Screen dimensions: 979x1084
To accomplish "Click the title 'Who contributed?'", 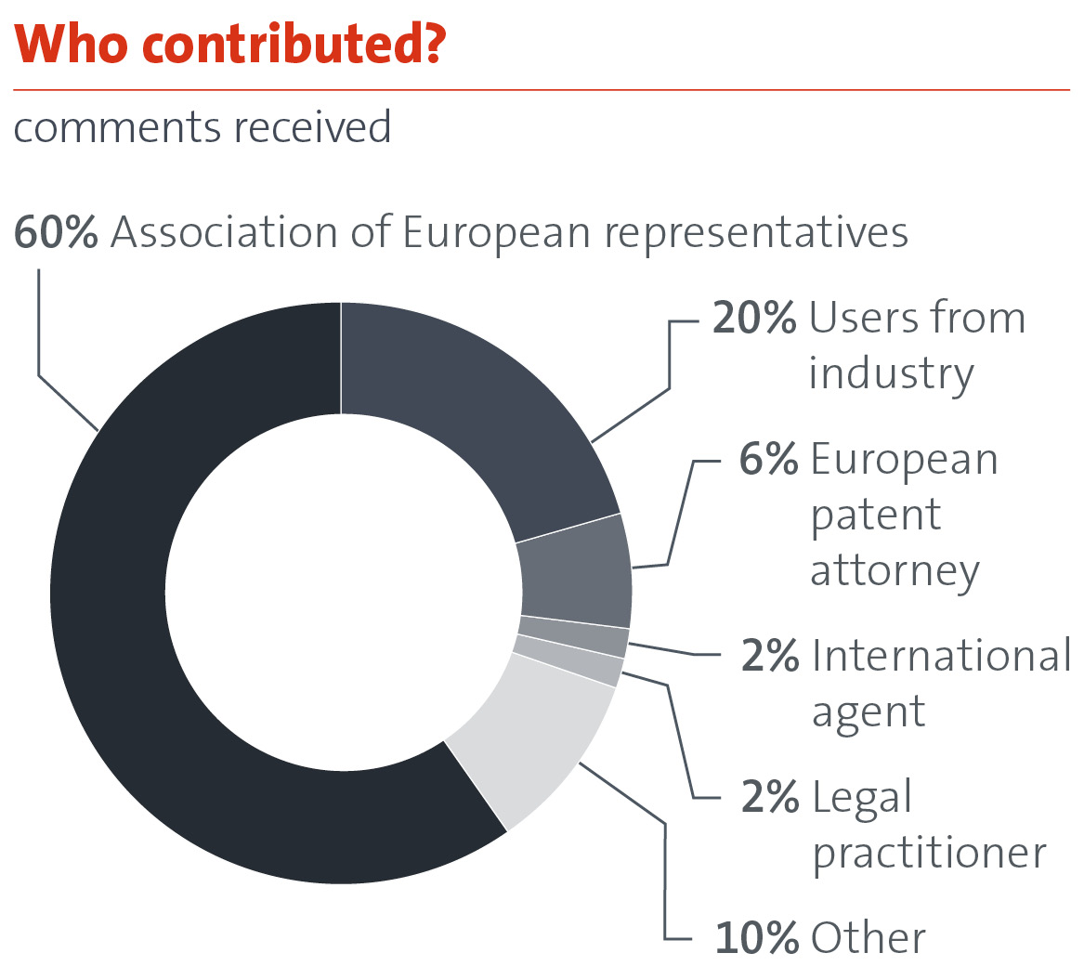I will [227, 46].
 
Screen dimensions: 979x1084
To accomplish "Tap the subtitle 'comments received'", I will [202, 127].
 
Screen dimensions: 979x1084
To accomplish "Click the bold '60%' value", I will [56, 232].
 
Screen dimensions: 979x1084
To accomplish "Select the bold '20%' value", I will [753, 319].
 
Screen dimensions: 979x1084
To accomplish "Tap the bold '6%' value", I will [768, 460].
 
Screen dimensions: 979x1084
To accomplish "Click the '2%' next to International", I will [769, 656].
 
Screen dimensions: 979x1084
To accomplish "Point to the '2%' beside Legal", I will [769, 798].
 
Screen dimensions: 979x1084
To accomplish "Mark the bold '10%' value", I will [756, 938].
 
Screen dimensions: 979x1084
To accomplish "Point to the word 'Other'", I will [868, 938].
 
